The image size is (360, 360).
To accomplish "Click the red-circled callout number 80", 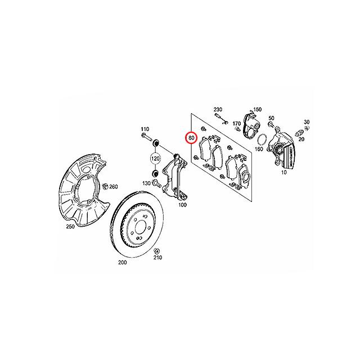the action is tap(191, 138).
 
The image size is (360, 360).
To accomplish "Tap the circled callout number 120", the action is tap(155, 159).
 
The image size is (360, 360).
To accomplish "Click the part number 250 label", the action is tap(70, 226).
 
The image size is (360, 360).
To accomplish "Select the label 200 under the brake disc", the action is tap(123, 262).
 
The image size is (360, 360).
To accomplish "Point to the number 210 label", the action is tap(157, 258).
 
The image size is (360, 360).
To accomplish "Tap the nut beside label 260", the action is tap(105, 186).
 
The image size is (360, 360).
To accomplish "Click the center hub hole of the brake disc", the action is tap(139, 228).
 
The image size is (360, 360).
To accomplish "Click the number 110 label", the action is tap(145, 129).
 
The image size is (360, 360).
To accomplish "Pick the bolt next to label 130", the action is tap(156, 183).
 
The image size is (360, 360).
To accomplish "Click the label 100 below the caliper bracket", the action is tap(182, 205).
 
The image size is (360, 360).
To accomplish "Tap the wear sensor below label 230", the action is tap(221, 118).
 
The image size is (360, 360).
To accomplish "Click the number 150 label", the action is tap(258, 110).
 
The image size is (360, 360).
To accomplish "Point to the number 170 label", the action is tap(237, 124).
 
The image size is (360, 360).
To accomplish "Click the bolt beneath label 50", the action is tap(271, 125).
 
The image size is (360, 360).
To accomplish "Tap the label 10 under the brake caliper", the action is tap(284, 172).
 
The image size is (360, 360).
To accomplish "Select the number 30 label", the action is tap(307, 122).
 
